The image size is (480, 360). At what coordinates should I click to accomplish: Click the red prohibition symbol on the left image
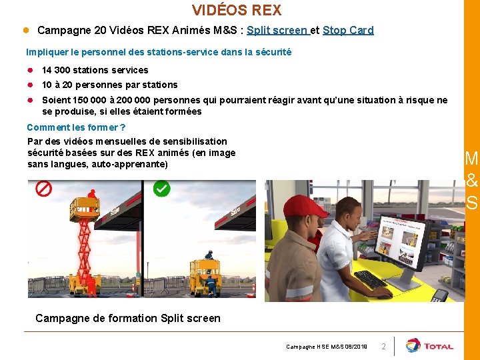pyautogui.click(x=44, y=189)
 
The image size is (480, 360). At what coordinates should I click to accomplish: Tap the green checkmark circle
pyautogui.click(x=161, y=189)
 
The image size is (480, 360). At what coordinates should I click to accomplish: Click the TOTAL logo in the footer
pyautogui.click(x=429, y=346)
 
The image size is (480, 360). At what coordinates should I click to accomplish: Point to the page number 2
pyautogui.click(x=383, y=347)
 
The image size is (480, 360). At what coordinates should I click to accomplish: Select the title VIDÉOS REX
pyautogui.click(x=237, y=10)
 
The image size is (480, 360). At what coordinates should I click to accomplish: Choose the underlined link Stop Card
pyautogui.click(x=348, y=30)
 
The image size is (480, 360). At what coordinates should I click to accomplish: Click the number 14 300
pyautogui.click(x=56, y=70)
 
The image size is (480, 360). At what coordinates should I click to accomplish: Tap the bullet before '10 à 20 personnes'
pyautogui.click(x=31, y=85)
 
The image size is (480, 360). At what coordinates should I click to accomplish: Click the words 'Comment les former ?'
pyautogui.click(x=76, y=127)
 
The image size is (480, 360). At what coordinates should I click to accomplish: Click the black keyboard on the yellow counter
pyautogui.click(x=370, y=279)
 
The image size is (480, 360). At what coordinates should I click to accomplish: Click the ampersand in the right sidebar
pyautogui.click(x=472, y=181)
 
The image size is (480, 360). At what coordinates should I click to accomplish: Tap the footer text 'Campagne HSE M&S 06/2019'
pyautogui.click(x=327, y=347)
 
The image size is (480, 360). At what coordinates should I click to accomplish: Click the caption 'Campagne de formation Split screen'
pyautogui.click(x=127, y=318)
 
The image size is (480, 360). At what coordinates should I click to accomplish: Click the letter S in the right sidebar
pyautogui.click(x=472, y=202)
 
